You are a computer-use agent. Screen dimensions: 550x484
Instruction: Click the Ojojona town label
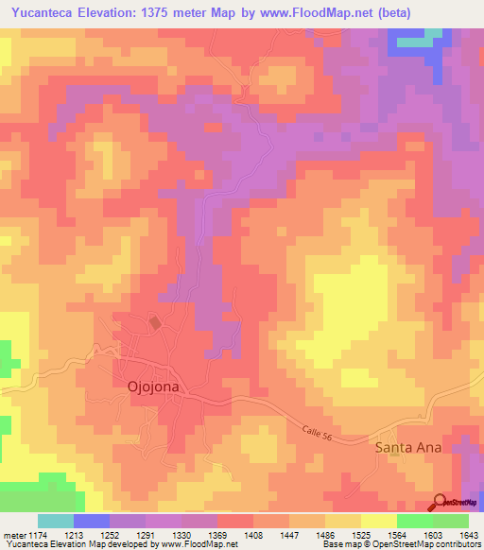coord(153,386)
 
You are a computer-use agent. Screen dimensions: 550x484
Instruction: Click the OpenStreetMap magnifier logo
coord(440,502)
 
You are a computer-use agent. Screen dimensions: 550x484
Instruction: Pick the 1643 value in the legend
coord(468,536)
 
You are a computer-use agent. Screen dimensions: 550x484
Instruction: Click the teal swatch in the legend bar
coord(56,521)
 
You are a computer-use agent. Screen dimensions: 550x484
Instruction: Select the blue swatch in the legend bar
coord(92,521)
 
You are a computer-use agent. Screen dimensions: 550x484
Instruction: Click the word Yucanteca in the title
coord(43,12)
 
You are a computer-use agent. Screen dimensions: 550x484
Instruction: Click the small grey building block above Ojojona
coord(155,323)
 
